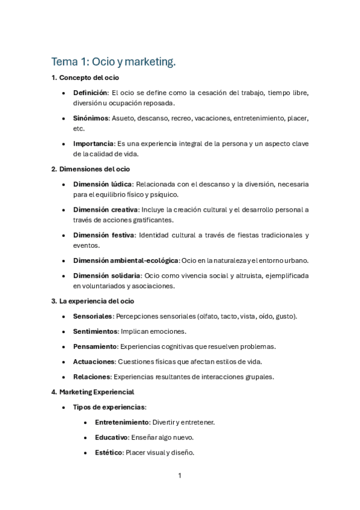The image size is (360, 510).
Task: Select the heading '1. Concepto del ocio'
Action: pyautogui.click(x=85, y=78)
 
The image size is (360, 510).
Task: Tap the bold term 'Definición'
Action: pyautogui.click(x=90, y=93)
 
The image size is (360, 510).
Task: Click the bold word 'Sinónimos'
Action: pyautogui.click(x=91, y=118)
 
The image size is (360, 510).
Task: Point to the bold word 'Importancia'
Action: pyautogui.click(x=93, y=144)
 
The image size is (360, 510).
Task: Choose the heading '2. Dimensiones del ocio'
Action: pyautogui.click(x=90, y=169)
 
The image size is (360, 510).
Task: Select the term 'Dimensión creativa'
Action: pyautogui.click(x=105, y=209)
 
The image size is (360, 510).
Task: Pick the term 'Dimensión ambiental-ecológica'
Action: pyautogui.click(x=126, y=260)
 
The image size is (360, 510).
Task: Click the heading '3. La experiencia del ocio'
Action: pyautogui.click(x=93, y=301)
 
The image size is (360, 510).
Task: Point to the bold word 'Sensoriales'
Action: pyautogui.click(x=92, y=316)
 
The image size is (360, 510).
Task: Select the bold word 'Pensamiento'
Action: pyautogui.click(x=94, y=346)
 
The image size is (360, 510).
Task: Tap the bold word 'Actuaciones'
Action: pyautogui.click(x=94, y=361)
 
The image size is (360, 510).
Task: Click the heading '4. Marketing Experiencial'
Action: pyautogui.click(x=93, y=392)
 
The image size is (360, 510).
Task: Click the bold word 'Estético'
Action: pyautogui.click(x=108, y=452)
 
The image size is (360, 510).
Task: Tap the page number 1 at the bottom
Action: pyautogui.click(x=180, y=476)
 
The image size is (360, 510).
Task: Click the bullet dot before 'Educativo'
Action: pyautogui.click(x=87, y=438)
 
